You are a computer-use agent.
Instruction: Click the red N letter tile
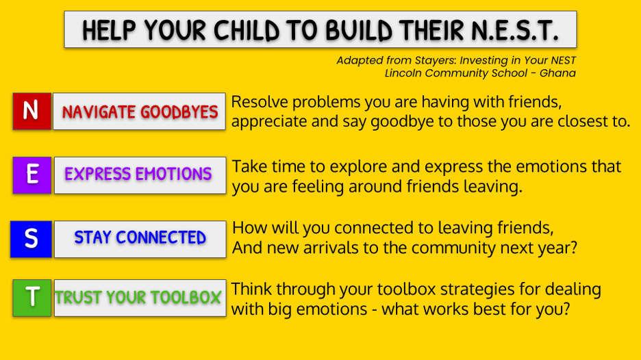pyautogui.click(x=32, y=111)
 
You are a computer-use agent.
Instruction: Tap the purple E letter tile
pyautogui.click(x=32, y=175)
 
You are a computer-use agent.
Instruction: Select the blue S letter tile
pyautogui.click(x=31, y=239)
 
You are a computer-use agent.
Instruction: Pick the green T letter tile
pyautogui.click(x=32, y=298)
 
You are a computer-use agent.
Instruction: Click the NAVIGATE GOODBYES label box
pyautogui.click(x=140, y=111)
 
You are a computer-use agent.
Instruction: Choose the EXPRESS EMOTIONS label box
pyautogui.click(x=140, y=175)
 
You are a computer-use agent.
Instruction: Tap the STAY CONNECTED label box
pyautogui.click(x=140, y=239)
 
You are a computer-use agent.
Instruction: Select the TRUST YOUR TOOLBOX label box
pyautogui.click(x=140, y=298)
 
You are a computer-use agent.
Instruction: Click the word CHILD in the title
pyautogui.click(x=246, y=30)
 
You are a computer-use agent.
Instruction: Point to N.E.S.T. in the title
pyautogui.click(x=515, y=30)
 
